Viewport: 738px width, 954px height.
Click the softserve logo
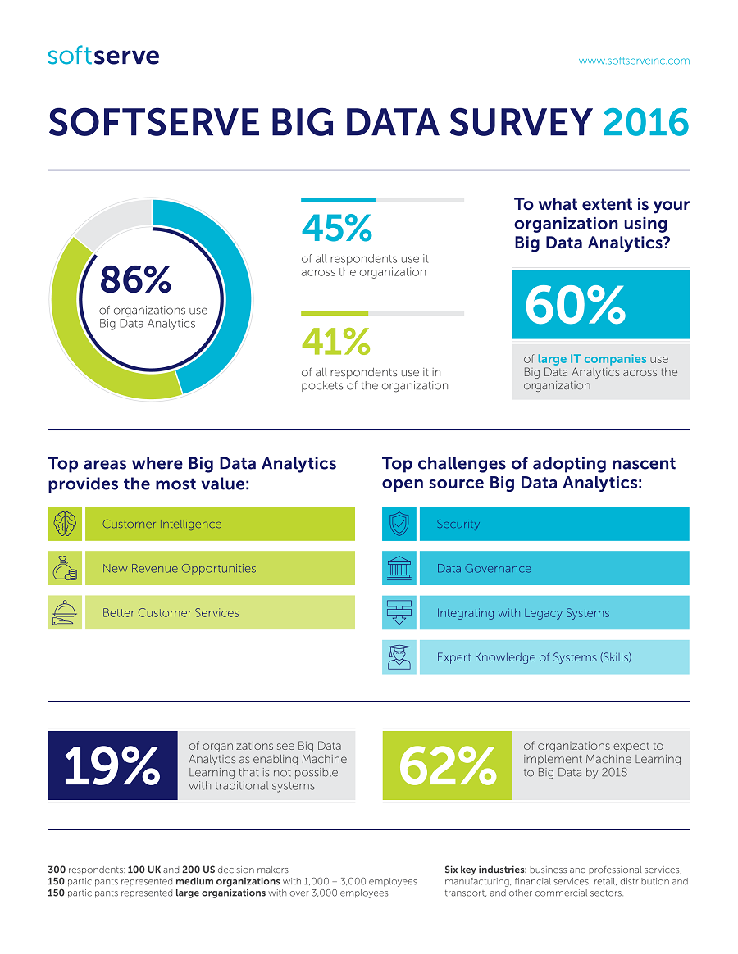point(103,57)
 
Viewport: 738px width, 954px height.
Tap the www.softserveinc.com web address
point(634,61)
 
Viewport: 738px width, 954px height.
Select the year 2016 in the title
point(645,122)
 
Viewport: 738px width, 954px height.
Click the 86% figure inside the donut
point(135,280)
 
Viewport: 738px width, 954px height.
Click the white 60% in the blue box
point(575,306)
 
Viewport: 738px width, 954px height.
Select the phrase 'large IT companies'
point(591,359)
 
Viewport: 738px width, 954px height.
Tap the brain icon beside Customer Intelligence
point(65,524)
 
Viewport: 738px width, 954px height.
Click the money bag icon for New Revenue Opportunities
point(65,568)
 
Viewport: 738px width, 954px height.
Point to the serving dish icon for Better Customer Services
point(65,612)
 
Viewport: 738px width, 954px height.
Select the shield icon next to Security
point(399,524)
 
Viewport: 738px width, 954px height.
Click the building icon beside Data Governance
point(399,568)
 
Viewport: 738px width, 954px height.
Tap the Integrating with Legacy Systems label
point(522,613)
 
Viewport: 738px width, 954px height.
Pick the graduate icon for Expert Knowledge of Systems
point(399,656)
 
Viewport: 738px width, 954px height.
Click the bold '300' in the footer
point(57,870)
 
